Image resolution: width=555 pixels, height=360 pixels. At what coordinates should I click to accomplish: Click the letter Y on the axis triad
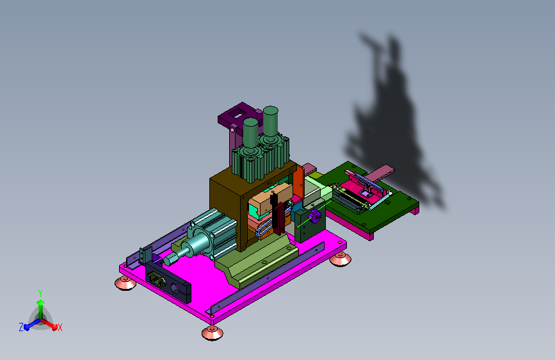(40, 293)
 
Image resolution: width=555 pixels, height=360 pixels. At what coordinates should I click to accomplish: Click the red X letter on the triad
(60, 328)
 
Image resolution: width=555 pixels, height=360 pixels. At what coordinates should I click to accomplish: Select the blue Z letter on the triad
(21, 327)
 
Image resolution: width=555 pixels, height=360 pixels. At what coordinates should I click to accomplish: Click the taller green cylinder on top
(271, 122)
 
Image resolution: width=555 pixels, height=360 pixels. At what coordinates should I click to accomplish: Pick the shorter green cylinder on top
(250, 133)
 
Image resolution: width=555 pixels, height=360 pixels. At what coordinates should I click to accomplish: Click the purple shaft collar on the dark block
(314, 216)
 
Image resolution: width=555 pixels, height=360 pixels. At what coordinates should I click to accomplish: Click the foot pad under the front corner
(213, 333)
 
